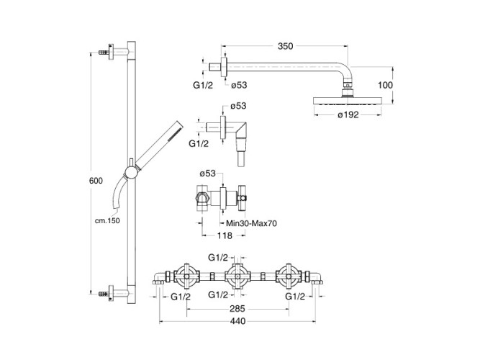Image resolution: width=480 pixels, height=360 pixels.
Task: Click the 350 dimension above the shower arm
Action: [285, 46]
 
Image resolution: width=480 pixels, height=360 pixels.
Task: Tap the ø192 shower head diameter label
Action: [348, 114]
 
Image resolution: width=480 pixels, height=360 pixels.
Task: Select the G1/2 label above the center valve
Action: [217, 256]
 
